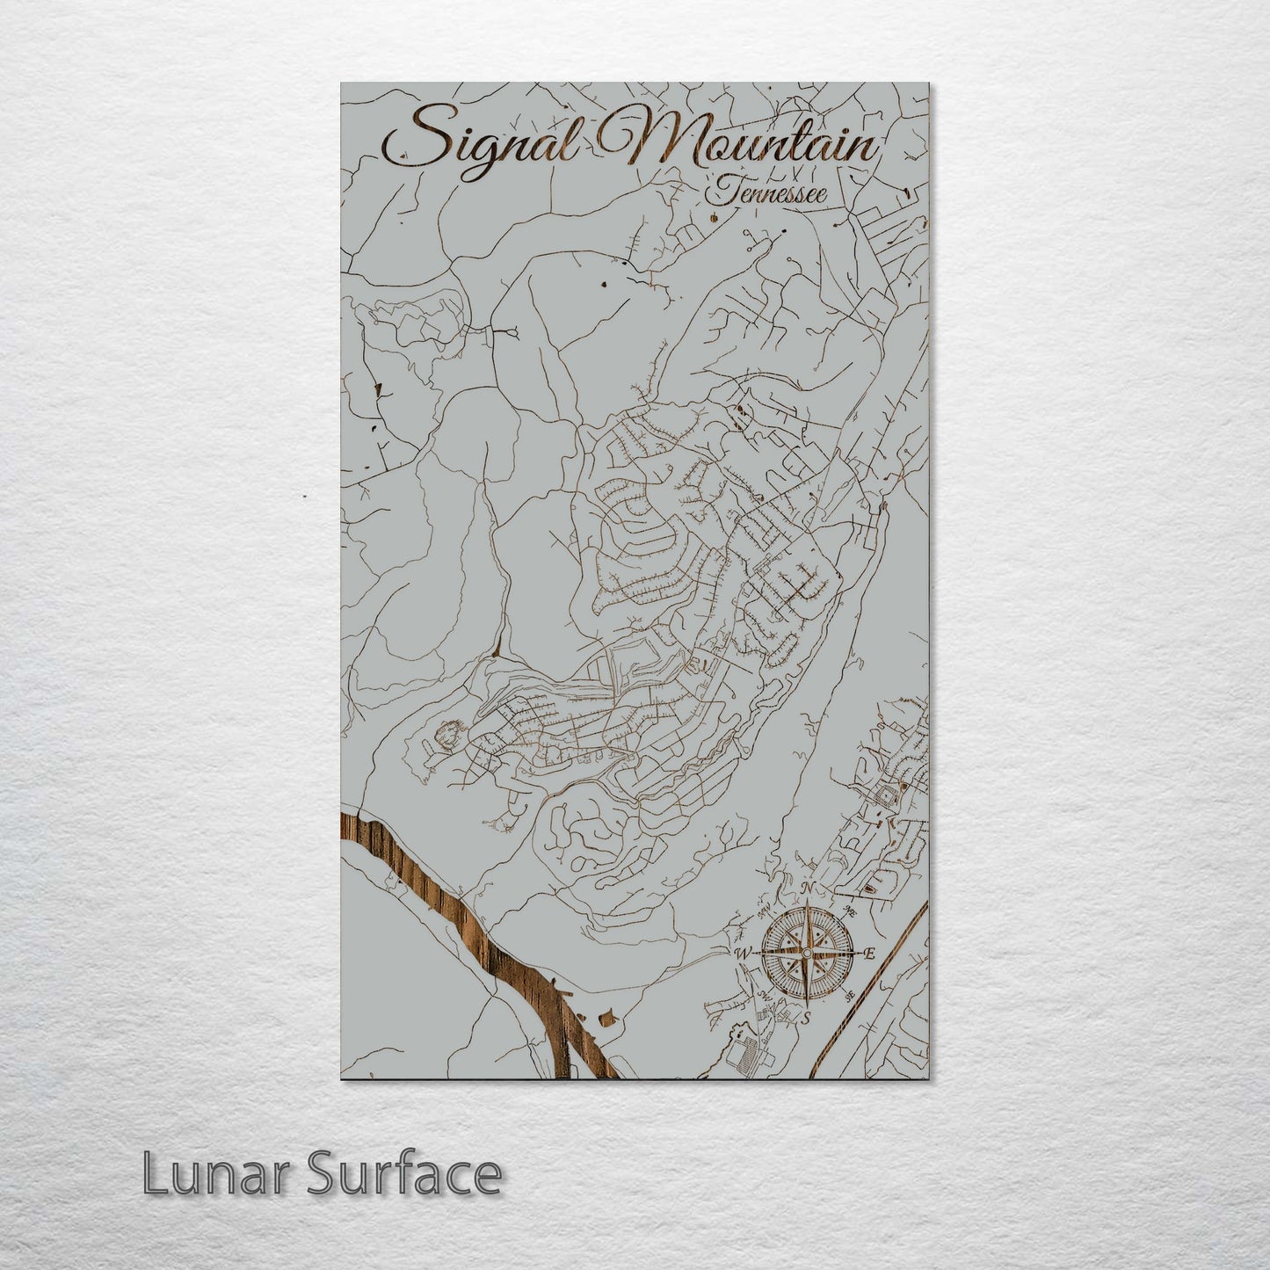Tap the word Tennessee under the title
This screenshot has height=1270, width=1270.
(769, 192)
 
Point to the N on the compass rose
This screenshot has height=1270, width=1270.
(808, 889)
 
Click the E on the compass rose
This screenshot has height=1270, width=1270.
(870, 954)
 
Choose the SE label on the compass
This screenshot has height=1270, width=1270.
(848, 995)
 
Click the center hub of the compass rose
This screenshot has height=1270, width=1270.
(806, 953)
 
